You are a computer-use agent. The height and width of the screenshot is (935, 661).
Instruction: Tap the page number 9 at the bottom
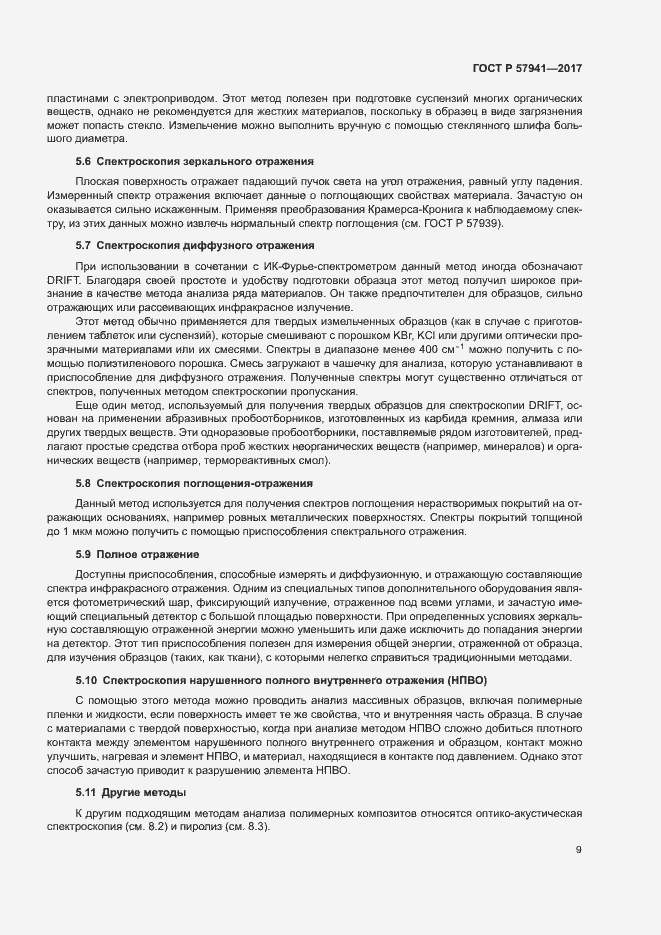578,850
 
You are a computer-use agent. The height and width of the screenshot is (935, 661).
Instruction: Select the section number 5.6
84,161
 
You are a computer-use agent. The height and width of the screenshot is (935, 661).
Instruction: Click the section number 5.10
87,681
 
